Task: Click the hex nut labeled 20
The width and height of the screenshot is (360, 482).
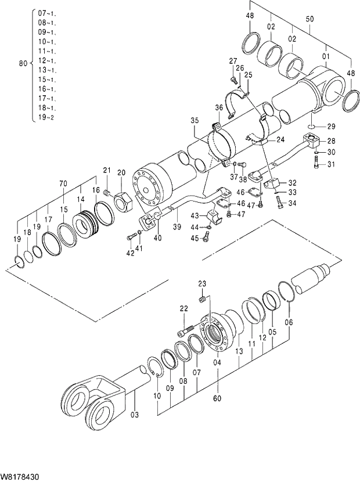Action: [x=122, y=201]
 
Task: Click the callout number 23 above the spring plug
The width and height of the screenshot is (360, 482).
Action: [x=202, y=283]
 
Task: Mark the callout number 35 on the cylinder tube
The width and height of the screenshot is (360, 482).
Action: [x=194, y=121]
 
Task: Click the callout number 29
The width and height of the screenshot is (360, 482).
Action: [x=331, y=127]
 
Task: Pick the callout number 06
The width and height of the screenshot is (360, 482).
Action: [x=289, y=322]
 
